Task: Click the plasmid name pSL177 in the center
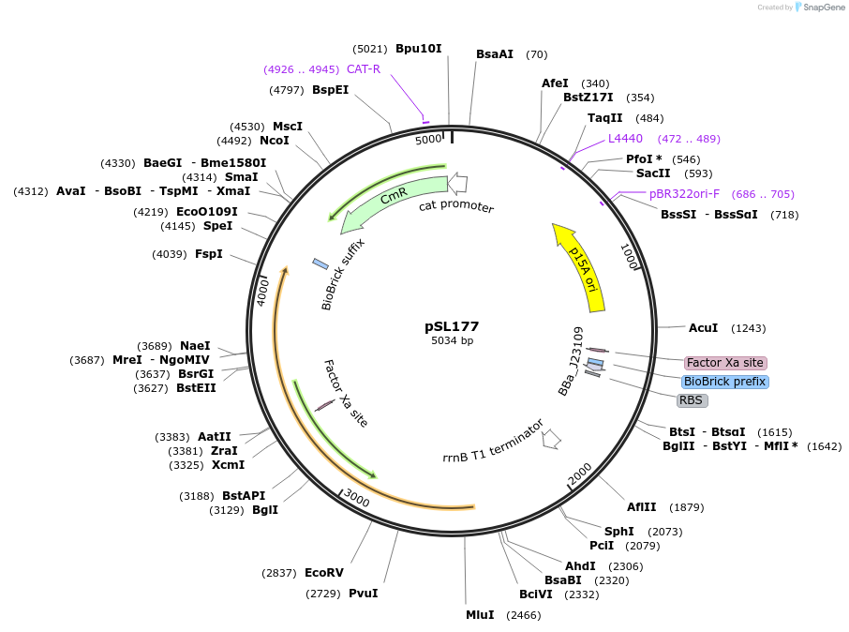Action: coord(452,326)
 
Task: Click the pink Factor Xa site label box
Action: coord(724,363)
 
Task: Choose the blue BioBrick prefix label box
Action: coord(725,382)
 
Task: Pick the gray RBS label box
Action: coord(691,400)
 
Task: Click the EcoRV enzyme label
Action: coord(324,573)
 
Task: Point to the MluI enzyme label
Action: coord(481,615)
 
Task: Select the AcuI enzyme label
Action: coord(703,328)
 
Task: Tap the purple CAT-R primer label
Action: coord(364,68)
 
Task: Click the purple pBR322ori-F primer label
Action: coord(684,194)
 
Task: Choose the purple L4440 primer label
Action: coord(625,139)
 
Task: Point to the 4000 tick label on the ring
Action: coord(264,290)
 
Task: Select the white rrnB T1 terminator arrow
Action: coord(551,438)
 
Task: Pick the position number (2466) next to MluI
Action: coord(524,615)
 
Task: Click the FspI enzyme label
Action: coord(209,253)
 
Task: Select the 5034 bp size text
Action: coord(452,340)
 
